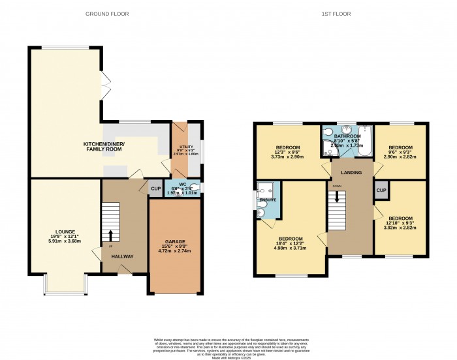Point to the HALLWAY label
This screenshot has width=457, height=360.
click(x=122, y=256)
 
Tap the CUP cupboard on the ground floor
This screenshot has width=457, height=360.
click(x=155, y=188)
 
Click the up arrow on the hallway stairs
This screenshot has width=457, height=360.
click(x=110, y=235)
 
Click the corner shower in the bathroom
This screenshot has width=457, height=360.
click(x=328, y=149)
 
